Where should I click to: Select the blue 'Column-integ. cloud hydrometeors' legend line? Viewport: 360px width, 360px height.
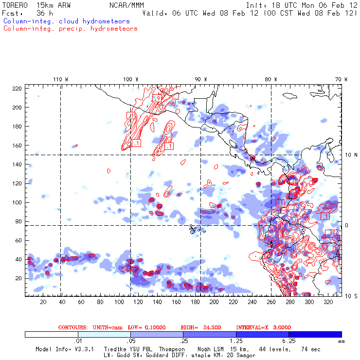66,21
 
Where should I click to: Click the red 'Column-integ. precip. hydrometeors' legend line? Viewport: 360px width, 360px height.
70,29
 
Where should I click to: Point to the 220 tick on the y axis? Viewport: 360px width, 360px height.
18,88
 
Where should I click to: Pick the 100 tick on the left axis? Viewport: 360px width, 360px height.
18,202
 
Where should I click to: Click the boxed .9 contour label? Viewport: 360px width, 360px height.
156,98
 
